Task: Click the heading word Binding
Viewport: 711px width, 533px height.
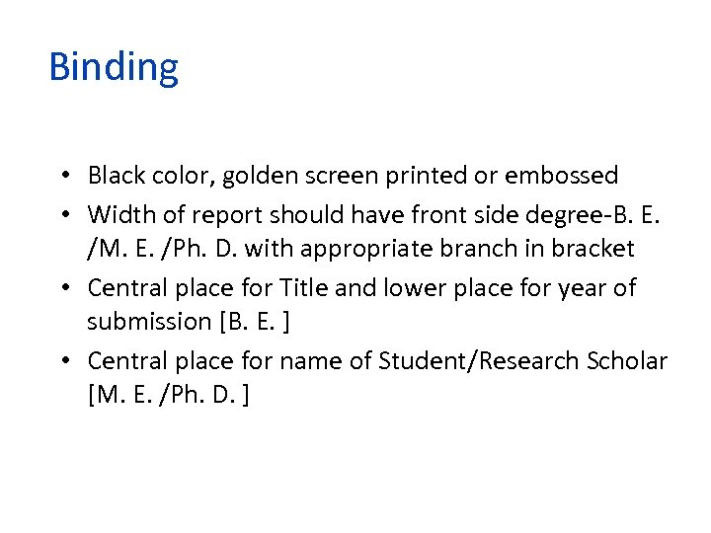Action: [x=114, y=68]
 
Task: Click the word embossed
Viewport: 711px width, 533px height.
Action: [x=561, y=176]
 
